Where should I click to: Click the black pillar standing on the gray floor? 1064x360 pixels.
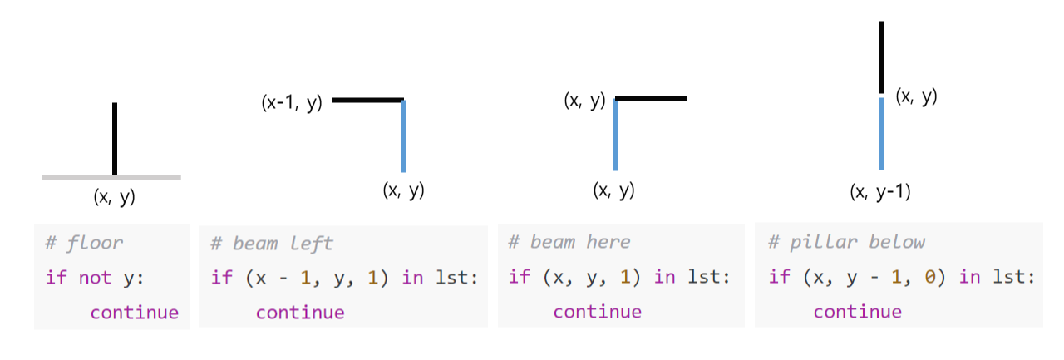click(x=115, y=138)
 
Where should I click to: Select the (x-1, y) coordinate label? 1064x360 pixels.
click(x=291, y=105)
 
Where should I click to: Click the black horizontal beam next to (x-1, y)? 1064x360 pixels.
click(x=367, y=100)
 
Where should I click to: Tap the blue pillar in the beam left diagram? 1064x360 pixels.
click(x=403, y=136)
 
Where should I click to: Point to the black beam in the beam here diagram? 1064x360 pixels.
click(x=652, y=99)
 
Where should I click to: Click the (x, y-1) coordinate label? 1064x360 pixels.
click(x=880, y=191)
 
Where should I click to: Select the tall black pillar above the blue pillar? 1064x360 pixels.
click(x=881, y=57)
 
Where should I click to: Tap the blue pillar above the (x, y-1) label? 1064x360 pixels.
click(x=881, y=133)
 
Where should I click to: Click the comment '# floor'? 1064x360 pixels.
click(x=84, y=243)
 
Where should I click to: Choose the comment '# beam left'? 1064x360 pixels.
click(x=272, y=243)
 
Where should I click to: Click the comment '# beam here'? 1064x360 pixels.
click(x=569, y=242)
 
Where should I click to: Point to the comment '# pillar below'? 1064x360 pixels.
click(x=846, y=242)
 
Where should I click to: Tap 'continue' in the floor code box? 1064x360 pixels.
click(x=134, y=312)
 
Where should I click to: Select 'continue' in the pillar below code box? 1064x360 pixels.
click(x=857, y=311)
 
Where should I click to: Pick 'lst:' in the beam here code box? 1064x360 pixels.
click(x=707, y=276)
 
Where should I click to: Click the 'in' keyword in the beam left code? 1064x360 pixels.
click(x=412, y=277)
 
